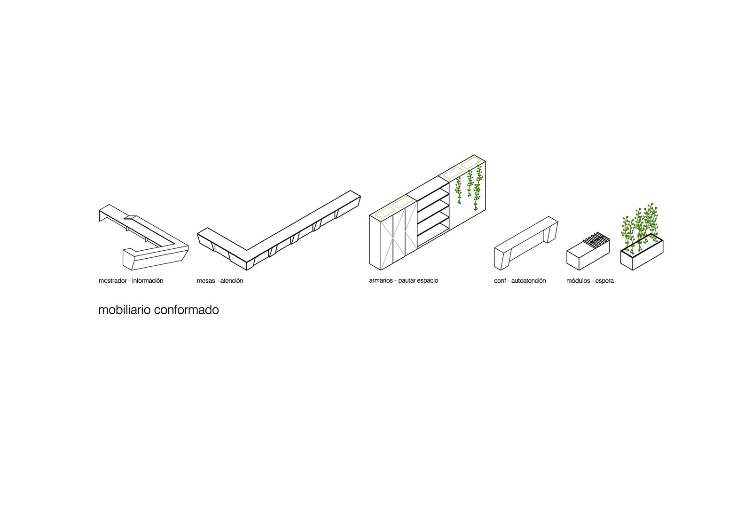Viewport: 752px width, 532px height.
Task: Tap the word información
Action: coord(148,281)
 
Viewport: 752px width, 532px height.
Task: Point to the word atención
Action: coord(232,281)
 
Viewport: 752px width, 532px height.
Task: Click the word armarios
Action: coord(381,281)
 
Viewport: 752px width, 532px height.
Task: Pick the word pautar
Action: coord(407,281)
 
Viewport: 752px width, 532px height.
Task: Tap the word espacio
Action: coord(428,281)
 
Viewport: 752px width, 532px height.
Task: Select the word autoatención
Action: coord(529,281)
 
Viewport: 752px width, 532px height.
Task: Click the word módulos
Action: coord(579,281)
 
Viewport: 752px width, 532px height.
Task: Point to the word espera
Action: coord(605,281)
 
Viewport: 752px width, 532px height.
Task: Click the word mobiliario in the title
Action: coord(124,310)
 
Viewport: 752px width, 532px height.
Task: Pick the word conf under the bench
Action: coord(500,281)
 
